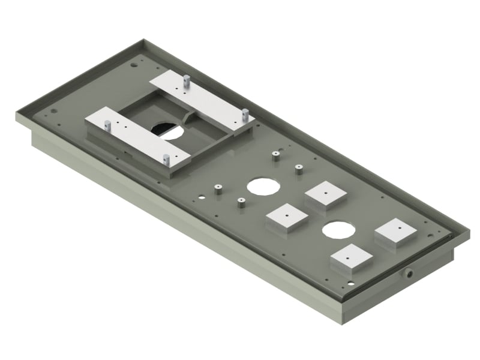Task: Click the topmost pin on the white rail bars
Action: [x=187, y=80]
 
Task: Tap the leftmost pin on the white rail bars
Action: [x=107, y=125]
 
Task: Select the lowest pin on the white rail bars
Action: [x=166, y=160]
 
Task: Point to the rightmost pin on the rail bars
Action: [x=245, y=113]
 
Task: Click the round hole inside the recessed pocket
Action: [x=172, y=130]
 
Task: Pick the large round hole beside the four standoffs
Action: [x=262, y=185]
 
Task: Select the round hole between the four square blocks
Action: [x=337, y=229]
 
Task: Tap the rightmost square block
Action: [x=396, y=232]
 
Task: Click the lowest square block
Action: [x=351, y=258]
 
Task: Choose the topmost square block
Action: [x=326, y=194]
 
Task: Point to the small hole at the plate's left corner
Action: [x=53, y=111]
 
